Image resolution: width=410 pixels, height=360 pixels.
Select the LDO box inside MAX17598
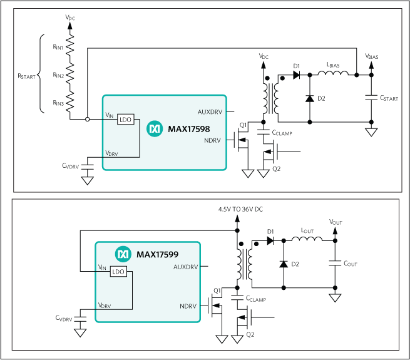coord(126,118)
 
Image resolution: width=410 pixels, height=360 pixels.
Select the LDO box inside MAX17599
coord(118,272)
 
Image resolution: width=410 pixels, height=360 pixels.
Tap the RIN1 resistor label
coord(58,46)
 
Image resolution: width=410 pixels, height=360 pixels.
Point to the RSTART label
coord(26,75)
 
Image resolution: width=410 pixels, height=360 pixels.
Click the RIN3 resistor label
coord(58,103)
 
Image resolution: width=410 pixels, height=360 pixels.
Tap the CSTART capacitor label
coord(389,98)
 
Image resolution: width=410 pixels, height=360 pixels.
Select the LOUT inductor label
coord(307,231)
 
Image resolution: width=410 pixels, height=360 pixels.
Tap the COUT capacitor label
coord(351,264)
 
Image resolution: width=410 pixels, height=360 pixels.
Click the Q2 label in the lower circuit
coord(250,335)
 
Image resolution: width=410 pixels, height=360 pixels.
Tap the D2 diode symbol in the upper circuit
coord(310,98)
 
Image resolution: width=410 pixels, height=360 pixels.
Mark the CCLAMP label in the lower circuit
coord(256,299)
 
